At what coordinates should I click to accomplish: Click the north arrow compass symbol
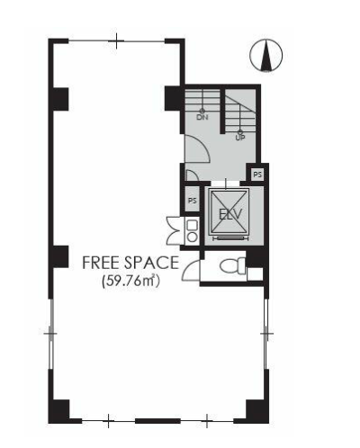pos(266,56)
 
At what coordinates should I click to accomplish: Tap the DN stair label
pos(202,117)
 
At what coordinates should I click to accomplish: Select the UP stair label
pos(240,138)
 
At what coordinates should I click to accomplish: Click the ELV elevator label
pos(230,214)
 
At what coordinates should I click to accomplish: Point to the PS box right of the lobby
pos(257,175)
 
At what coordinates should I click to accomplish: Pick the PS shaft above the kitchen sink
pos(193,200)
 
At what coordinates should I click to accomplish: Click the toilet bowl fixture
pos(232,266)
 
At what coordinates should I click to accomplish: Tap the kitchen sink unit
pos(192,230)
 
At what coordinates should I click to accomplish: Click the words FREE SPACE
pos(130,263)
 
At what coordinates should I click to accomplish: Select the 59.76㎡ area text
pos(130,282)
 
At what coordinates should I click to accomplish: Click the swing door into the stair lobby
pos(196,149)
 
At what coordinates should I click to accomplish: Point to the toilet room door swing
pos(191,270)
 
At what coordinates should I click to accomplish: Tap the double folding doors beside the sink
pos(174,230)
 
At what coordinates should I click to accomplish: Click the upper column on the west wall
pos(60,99)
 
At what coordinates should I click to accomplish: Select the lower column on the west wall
pos(60,256)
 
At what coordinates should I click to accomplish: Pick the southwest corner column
pos(59,411)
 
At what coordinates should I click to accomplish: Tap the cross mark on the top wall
pos(116,40)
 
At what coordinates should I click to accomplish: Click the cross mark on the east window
pos(266,333)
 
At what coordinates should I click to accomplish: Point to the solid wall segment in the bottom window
pos(157,421)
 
